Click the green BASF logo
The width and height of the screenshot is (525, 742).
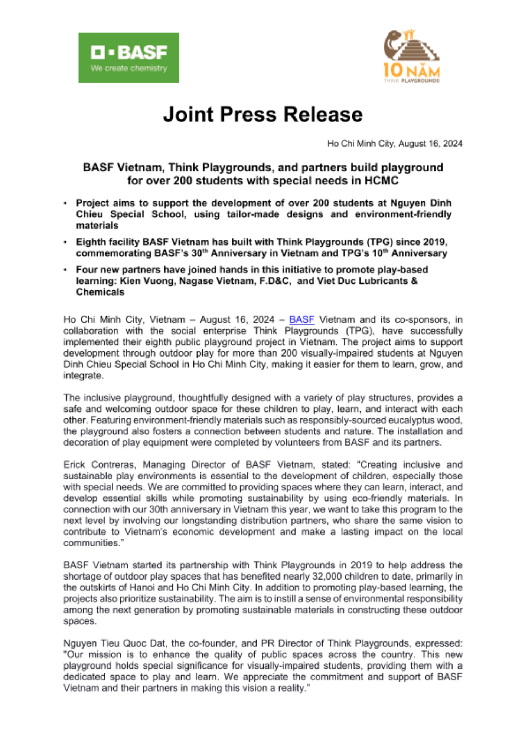[x=128, y=58]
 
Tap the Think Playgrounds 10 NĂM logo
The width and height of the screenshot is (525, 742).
[x=411, y=56]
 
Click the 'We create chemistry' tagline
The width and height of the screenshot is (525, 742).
[x=129, y=68]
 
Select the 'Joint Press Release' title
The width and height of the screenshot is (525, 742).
[x=262, y=114]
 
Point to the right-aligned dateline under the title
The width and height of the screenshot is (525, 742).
[x=394, y=144]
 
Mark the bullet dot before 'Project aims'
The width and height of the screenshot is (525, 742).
[x=65, y=203]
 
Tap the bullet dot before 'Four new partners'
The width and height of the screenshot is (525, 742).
[x=65, y=270]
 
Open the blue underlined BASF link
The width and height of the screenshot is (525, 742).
[x=301, y=319]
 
